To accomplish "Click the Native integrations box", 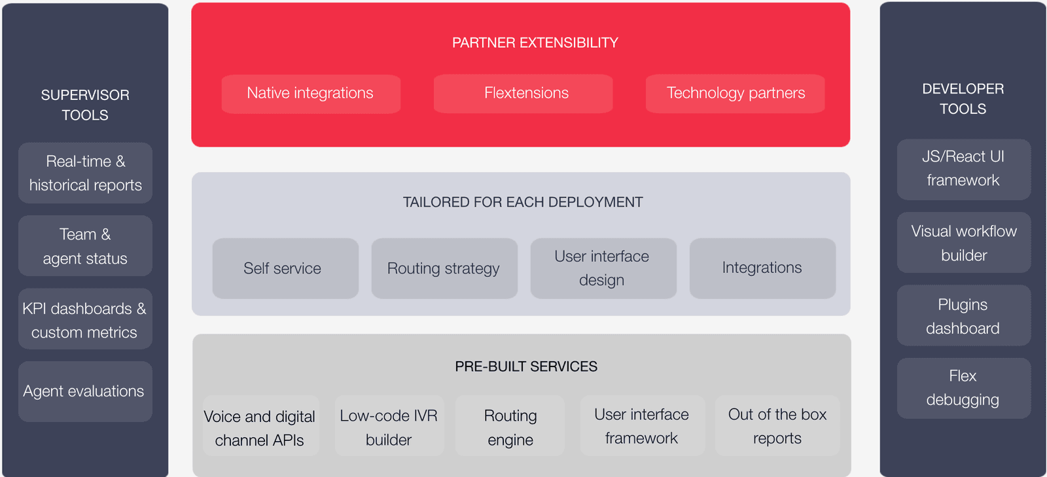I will pyautogui.click(x=311, y=94).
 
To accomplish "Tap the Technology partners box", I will pyautogui.click(x=735, y=94).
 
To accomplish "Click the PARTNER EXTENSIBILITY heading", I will pyautogui.click(x=535, y=43).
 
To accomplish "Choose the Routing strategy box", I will pyautogui.click(x=444, y=268).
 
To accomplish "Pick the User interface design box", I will pyautogui.click(x=603, y=268).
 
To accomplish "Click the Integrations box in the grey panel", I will pyautogui.click(x=762, y=268).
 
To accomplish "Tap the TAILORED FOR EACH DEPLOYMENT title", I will pyautogui.click(x=522, y=202).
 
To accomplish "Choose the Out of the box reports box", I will pyautogui.click(x=777, y=426).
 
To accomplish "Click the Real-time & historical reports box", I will pyautogui.click(x=85, y=173).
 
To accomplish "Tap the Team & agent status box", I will pyautogui.click(x=85, y=246).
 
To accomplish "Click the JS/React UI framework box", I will pyautogui.click(x=963, y=169).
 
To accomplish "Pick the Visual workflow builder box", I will pyautogui.click(x=963, y=243).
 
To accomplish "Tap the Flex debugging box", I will pyautogui.click(x=963, y=388).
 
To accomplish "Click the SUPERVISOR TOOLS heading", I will pyautogui.click(x=85, y=105).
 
